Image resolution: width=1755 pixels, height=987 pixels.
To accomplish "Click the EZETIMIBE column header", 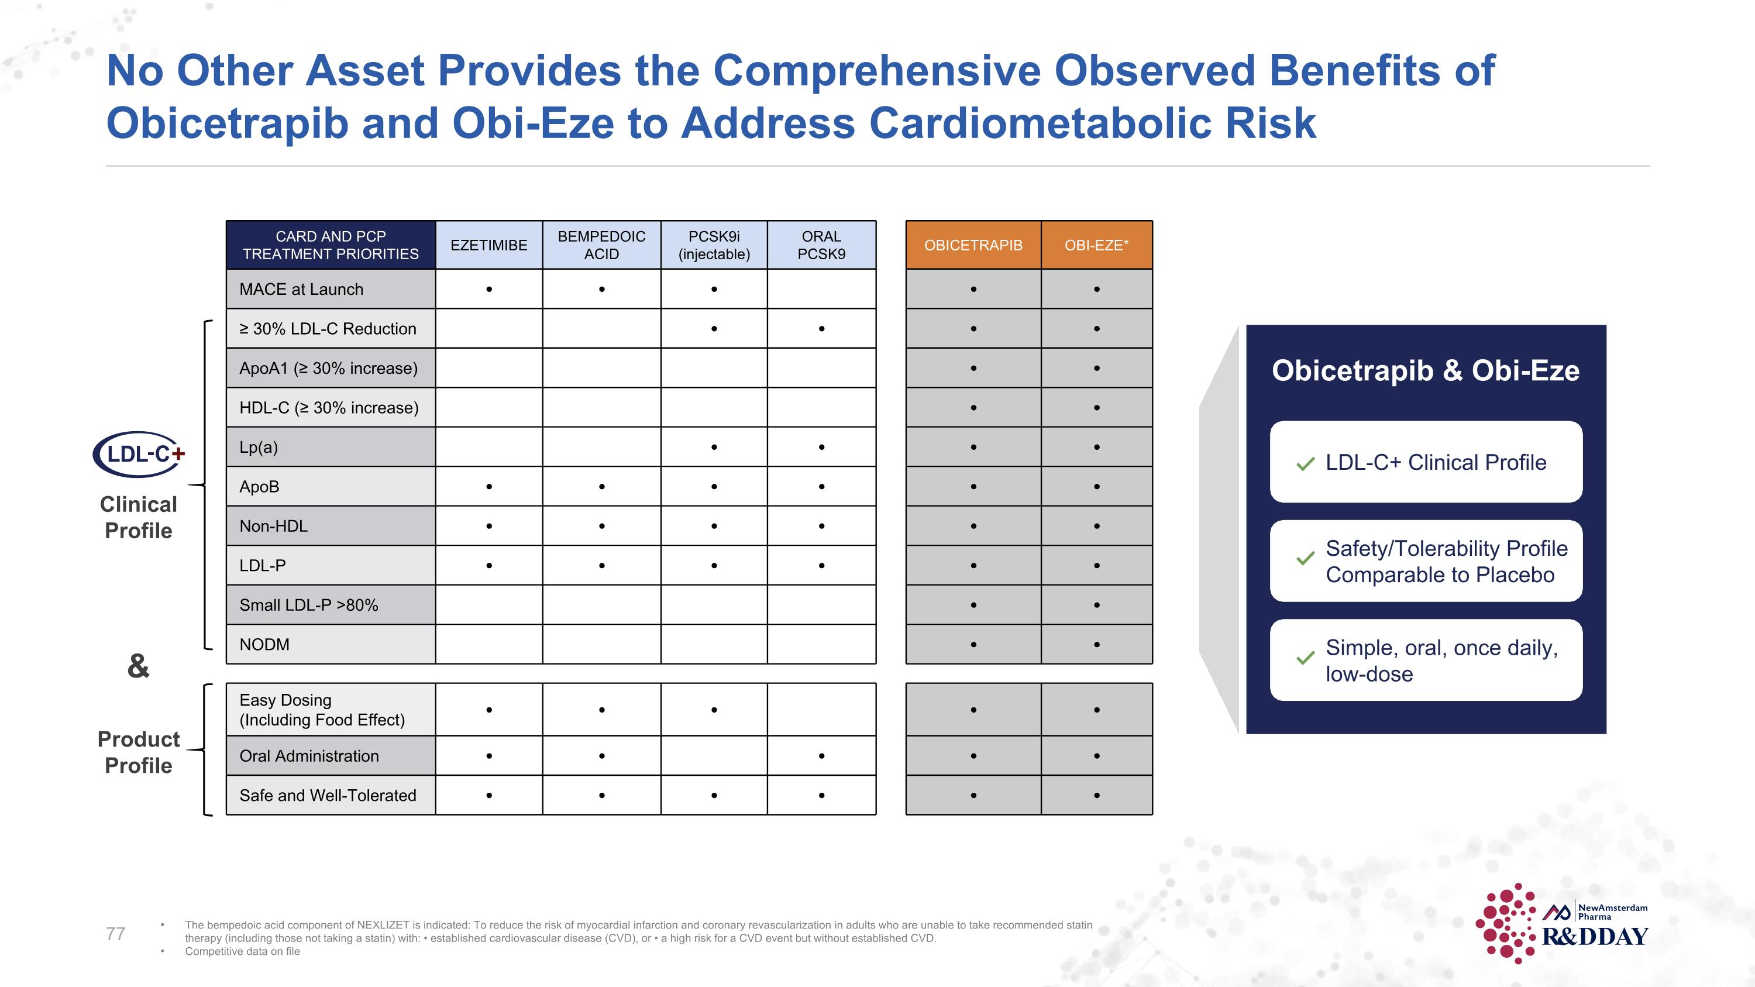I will (x=488, y=245).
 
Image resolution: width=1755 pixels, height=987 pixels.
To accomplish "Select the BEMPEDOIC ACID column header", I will (x=601, y=245).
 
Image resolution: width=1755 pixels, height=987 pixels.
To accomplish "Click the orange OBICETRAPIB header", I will (x=973, y=245).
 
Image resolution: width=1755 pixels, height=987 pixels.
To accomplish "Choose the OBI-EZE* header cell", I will (x=1096, y=245).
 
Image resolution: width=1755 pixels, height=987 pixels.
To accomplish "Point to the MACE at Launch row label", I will (x=301, y=290).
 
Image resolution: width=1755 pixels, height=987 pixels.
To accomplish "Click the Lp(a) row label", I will (x=259, y=448).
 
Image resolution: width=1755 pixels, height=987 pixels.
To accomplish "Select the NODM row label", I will (x=264, y=644).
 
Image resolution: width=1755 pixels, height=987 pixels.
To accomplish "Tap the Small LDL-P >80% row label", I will (x=309, y=605).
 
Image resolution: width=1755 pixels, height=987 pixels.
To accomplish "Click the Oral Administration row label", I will (x=309, y=756).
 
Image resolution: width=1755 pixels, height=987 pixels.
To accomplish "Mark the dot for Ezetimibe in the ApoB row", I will (x=489, y=486).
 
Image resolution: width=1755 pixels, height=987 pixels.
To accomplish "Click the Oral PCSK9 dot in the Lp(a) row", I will (x=822, y=448).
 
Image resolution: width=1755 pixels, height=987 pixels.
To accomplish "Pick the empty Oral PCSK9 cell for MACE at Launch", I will (x=822, y=290).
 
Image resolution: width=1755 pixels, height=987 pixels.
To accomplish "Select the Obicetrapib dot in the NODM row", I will (x=973, y=644).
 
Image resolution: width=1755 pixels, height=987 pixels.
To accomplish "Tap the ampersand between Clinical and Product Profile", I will (x=138, y=666).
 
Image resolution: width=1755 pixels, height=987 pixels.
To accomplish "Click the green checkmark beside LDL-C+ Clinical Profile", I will (x=1305, y=464).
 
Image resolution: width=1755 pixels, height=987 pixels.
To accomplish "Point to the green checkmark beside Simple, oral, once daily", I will (x=1305, y=659).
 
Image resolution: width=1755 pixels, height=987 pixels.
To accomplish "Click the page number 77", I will (x=116, y=934).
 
